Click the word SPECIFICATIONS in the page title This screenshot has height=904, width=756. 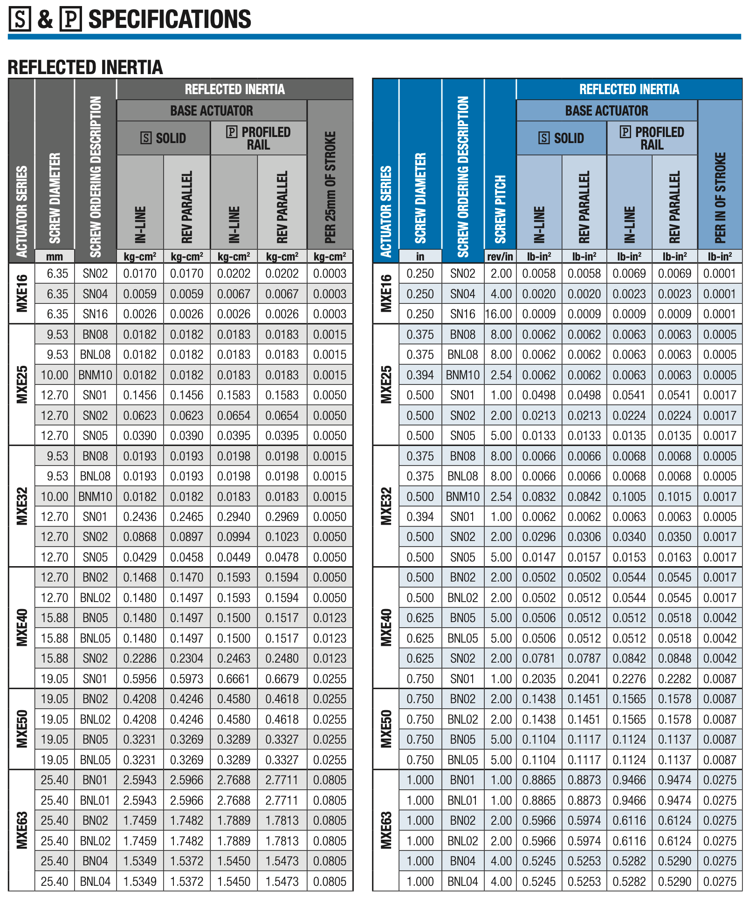click(170, 20)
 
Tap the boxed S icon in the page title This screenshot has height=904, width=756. click(20, 20)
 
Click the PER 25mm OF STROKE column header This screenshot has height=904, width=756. click(330, 187)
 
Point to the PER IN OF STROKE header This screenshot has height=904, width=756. click(720, 198)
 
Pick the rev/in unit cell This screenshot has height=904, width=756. click(500, 256)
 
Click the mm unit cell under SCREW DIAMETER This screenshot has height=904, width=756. click(55, 256)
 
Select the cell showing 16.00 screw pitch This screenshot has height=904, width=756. click(499, 314)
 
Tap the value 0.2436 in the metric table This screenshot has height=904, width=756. click(140, 517)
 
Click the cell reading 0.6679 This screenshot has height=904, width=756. click(282, 679)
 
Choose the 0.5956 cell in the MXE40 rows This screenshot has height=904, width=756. click(140, 679)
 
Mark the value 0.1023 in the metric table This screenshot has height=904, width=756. click(282, 537)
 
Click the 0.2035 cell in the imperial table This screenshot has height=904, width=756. click(539, 679)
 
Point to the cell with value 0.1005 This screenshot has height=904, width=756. click(629, 497)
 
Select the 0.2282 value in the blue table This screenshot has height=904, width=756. click(675, 679)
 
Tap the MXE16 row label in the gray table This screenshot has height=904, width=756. click(22, 294)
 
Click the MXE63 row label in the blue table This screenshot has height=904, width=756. click(386, 830)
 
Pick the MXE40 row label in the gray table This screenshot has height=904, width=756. click(22, 628)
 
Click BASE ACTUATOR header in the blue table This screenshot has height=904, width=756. click(606, 111)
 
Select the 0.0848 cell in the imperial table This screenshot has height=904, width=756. click(675, 658)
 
